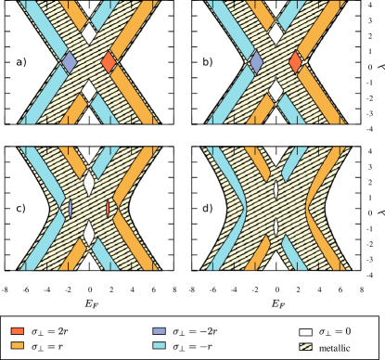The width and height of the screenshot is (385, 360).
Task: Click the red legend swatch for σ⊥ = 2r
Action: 18,330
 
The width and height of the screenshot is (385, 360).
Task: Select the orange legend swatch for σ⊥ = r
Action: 18,345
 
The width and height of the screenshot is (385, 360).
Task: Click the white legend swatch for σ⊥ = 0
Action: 304,330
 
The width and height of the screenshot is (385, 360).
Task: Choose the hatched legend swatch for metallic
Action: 304,345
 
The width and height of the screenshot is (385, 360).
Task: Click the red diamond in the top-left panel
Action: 109,62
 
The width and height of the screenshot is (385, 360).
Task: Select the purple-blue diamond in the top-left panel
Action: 69,62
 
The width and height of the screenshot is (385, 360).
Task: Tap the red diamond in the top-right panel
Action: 295,62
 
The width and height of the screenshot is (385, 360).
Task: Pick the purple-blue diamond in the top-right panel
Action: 257,62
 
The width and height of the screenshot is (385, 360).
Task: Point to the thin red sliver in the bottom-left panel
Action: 109,209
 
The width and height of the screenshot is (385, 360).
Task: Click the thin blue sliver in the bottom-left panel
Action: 70,209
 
